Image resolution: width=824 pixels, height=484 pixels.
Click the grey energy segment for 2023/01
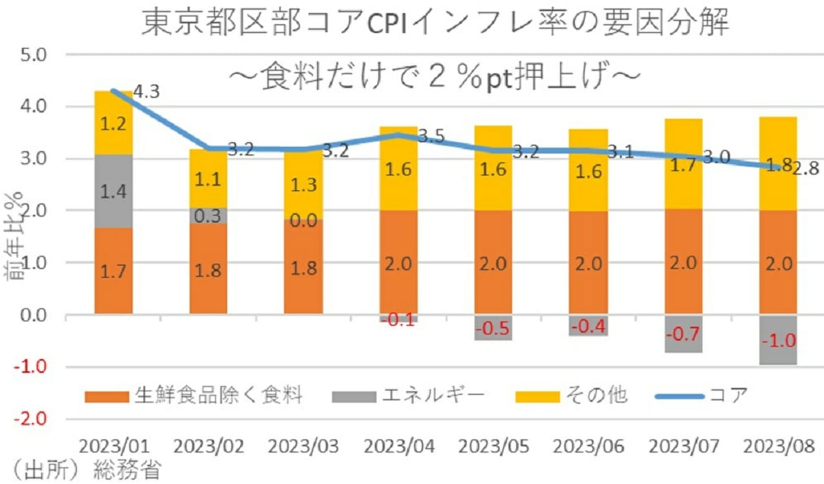point(113,192)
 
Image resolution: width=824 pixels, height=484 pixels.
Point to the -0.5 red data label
point(492,328)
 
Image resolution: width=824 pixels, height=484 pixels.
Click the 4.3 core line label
point(147,91)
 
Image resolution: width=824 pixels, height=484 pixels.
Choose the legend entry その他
point(595,396)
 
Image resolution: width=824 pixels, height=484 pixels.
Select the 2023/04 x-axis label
point(398,447)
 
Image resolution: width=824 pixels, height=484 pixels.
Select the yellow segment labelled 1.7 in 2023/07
point(683,165)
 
